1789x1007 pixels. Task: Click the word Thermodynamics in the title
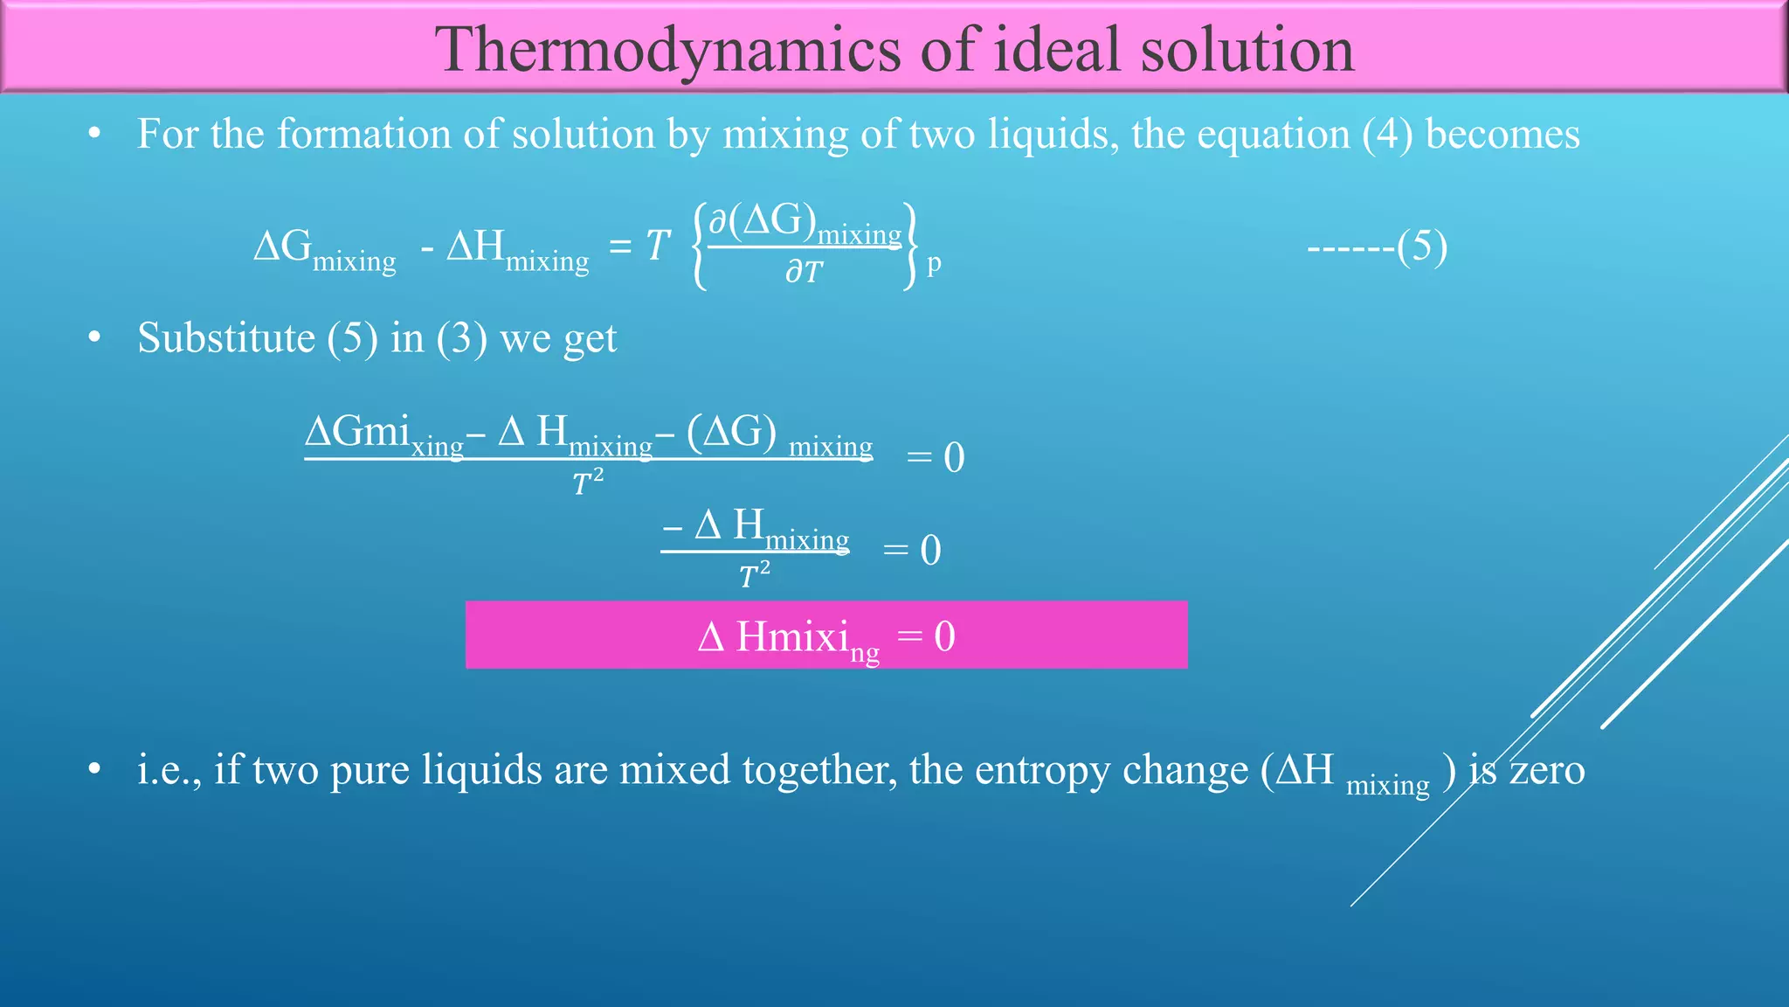coord(667,51)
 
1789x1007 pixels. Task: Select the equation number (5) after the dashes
coord(1422,247)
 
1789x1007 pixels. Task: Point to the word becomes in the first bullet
coord(1502,135)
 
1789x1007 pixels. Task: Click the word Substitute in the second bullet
coord(226,338)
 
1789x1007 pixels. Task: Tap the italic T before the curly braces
coord(658,246)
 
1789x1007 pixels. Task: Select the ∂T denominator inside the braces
coord(804,272)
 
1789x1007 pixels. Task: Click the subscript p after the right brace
coord(934,263)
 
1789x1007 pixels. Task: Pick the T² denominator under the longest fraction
coord(588,482)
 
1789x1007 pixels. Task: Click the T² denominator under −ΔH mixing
coord(755,575)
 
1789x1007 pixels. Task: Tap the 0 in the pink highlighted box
coord(944,636)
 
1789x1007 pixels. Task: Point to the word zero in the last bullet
coord(1547,770)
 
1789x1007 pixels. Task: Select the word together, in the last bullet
coord(819,770)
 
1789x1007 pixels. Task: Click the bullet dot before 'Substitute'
coord(95,338)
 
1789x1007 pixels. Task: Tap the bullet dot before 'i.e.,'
coord(95,770)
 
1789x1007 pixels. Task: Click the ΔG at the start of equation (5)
coord(282,247)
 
